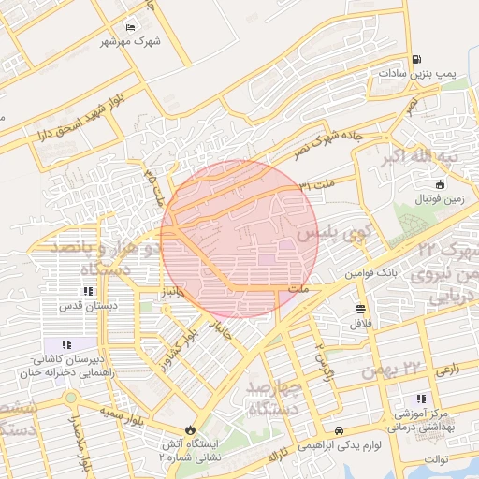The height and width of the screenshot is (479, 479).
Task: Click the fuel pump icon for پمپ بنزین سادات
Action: [416, 59]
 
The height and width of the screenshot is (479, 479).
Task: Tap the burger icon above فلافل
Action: [360, 310]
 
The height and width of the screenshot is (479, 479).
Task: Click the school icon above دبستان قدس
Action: [88, 292]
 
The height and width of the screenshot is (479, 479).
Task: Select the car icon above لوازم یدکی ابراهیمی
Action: [337, 429]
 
